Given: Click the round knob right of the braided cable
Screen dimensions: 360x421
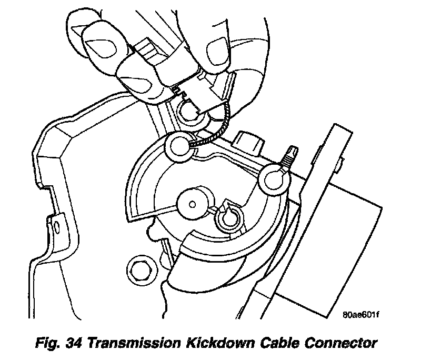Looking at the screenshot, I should coord(249,141).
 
